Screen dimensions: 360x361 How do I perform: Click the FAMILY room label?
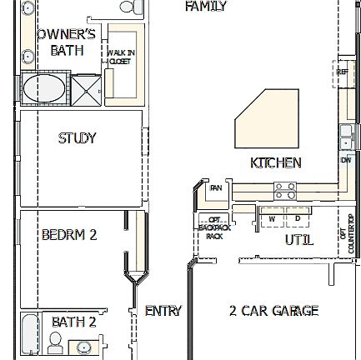point(206,6)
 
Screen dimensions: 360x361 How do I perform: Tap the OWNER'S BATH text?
point(62,42)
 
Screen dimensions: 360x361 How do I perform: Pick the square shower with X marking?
point(84,89)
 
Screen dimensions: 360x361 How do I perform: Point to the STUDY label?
point(77,137)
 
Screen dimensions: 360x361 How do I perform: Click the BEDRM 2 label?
point(69,236)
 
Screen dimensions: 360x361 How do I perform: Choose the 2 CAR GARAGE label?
point(273,311)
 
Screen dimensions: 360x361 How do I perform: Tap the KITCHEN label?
point(276,162)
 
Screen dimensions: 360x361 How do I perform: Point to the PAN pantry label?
point(215,188)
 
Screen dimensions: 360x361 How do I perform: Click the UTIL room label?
point(299,240)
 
